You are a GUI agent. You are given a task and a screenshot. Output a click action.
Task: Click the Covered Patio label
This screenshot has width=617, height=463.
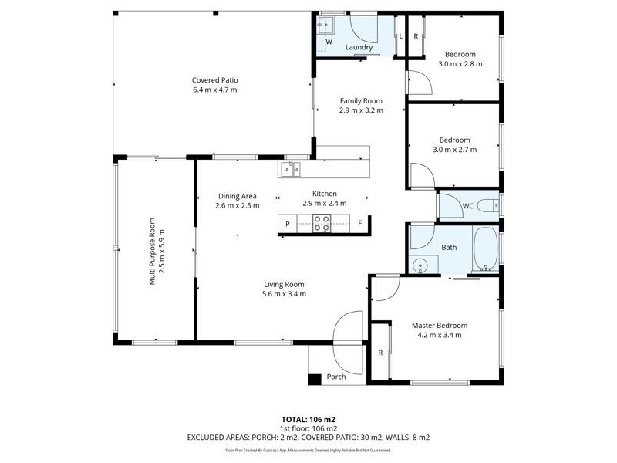pos(215,80)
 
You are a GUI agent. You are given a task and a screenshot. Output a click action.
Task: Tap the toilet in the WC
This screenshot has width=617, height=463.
pos(488,205)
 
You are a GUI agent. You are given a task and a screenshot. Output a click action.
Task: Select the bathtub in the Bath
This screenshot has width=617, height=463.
pos(486,249)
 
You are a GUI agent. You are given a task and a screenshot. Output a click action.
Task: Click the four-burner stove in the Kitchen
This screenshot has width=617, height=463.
pos(322,224)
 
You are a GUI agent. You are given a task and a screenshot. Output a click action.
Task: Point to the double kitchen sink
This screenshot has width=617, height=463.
pos(291,169)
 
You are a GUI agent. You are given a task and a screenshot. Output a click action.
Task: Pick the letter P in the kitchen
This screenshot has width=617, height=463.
pos(288,224)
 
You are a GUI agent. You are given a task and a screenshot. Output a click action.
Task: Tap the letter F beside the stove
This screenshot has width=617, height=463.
pos(359,223)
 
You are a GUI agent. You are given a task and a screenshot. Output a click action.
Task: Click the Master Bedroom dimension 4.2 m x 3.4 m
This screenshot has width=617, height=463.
pos(440,335)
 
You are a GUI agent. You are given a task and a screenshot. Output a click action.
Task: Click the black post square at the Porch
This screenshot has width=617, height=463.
pos(315,379)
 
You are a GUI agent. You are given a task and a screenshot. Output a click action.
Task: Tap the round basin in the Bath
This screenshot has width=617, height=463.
pos(420,266)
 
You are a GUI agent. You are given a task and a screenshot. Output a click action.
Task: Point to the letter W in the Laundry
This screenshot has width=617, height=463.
pos(329,42)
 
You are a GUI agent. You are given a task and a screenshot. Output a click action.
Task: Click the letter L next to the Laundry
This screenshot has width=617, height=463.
pos(400,36)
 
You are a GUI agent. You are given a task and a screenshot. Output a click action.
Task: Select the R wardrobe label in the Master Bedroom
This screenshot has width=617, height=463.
pos(380,353)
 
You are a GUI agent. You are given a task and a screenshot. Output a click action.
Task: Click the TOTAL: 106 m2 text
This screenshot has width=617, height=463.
pos(308,419)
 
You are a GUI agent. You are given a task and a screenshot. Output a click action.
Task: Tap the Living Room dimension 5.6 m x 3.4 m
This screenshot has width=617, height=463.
pos(284,294)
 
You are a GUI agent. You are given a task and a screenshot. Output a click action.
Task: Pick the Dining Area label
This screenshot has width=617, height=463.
pos(238,196)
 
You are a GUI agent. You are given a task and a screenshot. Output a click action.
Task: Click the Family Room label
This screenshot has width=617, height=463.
pos(361,101)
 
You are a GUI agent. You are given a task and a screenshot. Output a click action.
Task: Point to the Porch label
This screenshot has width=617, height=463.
pos(336,377)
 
